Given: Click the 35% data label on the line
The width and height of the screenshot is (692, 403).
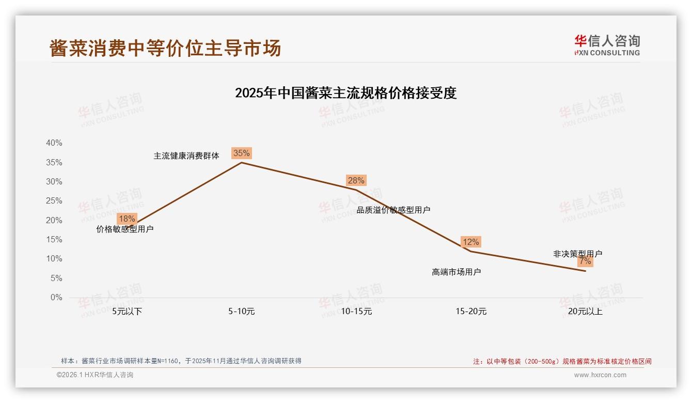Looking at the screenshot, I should [x=241, y=153].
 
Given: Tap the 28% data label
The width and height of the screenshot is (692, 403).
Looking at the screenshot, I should [x=356, y=180].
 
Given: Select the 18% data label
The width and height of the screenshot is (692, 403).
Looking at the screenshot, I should [x=127, y=219].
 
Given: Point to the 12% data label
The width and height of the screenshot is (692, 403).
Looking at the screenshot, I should [x=470, y=242].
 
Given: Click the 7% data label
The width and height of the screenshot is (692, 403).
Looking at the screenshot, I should [x=585, y=261].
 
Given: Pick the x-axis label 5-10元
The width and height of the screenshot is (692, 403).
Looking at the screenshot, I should [x=241, y=312].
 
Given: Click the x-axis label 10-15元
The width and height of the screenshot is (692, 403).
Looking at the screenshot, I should [x=356, y=312].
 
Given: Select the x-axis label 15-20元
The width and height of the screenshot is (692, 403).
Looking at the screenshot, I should [x=471, y=312].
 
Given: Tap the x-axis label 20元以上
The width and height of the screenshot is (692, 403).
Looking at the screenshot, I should [x=585, y=312].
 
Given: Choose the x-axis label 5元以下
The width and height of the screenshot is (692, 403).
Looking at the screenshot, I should [x=127, y=312].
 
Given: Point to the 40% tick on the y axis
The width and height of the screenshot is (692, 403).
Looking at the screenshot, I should [x=54, y=143].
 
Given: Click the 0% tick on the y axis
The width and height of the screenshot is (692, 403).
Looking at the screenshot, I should [x=56, y=298].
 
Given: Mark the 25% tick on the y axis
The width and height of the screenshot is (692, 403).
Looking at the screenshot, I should [x=54, y=201].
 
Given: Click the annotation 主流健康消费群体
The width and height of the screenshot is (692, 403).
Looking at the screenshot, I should [x=186, y=156].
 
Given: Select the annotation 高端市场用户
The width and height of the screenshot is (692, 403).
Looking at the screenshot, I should [x=457, y=272].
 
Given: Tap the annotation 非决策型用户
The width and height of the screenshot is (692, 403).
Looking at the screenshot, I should [x=577, y=254].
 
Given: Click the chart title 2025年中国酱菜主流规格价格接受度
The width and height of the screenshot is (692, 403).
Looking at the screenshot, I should [x=346, y=93].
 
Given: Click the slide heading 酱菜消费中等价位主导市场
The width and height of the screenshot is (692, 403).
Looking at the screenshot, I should [x=165, y=48].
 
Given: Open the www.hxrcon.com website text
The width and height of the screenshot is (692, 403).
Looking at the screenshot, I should [x=600, y=375].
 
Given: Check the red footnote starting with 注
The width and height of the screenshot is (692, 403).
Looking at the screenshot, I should [x=562, y=361].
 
